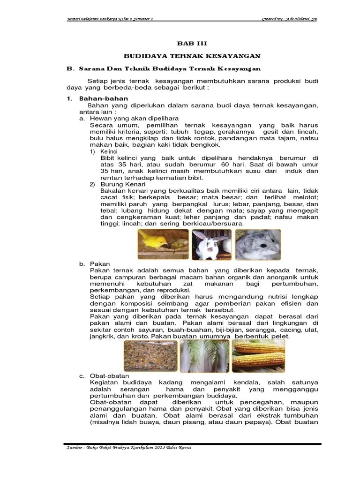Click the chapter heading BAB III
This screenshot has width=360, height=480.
click(191, 43)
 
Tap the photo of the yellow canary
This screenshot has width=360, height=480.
click(161, 245)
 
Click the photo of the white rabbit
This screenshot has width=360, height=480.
click(210, 245)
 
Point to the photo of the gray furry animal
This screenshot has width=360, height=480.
click(257, 245)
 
